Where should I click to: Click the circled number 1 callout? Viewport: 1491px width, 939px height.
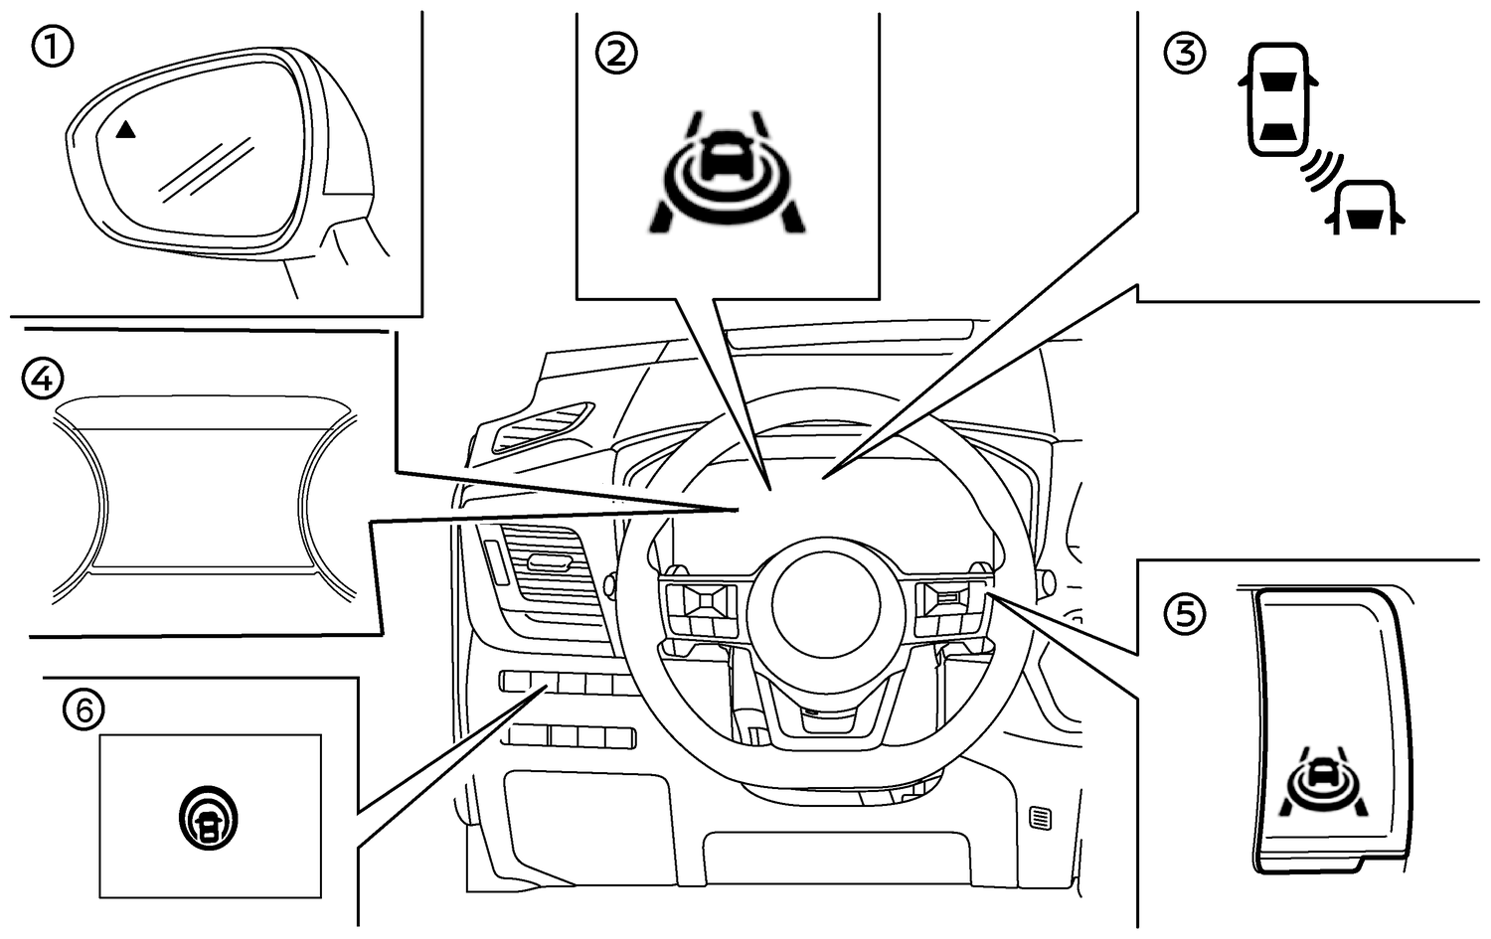52,48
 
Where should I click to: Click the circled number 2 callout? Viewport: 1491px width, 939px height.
616,53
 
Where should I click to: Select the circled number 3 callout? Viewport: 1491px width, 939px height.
1184,53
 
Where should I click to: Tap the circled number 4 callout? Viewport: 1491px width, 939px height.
42,378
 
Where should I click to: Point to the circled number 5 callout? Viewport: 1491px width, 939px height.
1184,614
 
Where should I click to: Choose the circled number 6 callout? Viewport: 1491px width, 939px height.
83,708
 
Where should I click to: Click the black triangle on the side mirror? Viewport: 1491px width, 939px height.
125,129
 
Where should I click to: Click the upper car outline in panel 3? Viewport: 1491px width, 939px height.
1275,99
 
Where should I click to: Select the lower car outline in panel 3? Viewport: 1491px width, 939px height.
1365,207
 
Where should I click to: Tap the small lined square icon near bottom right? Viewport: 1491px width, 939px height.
1040,818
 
